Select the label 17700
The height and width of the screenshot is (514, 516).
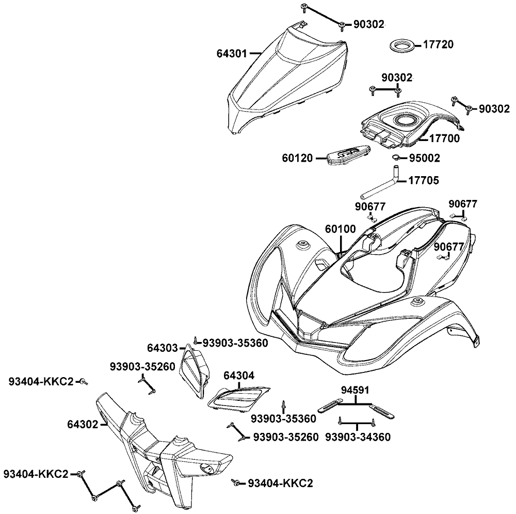point(444,138)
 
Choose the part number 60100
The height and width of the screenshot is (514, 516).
point(341,228)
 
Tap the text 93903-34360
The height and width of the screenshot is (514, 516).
point(358,437)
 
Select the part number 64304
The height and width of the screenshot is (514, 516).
point(239,376)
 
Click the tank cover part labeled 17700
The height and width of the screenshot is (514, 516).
point(408,122)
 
